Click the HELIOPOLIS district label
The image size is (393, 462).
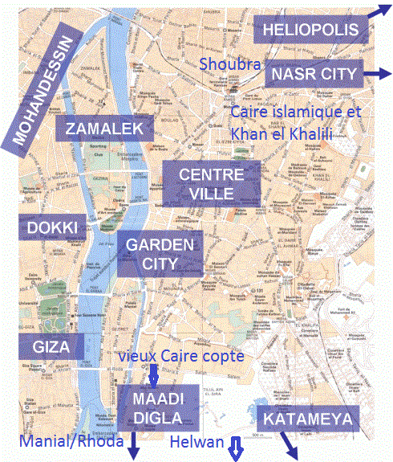tap(312, 31)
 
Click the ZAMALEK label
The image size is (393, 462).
tap(104, 129)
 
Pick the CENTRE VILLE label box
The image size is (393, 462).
tap(207, 183)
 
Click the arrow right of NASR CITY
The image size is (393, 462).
tap(371, 74)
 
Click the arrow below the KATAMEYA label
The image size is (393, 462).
tap(288, 445)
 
